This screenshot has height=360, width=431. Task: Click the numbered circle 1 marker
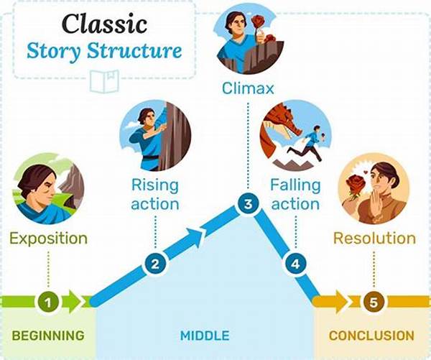pyautogui.click(x=48, y=303)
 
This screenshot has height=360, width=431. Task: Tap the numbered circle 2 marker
pyautogui.click(x=154, y=264)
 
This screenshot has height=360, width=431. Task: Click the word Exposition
pyautogui.click(x=48, y=238)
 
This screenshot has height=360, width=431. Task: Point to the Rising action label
pyautogui.click(x=154, y=194)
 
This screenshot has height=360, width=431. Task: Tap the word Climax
pyautogui.click(x=249, y=89)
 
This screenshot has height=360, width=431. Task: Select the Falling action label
pyautogui.click(x=295, y=194)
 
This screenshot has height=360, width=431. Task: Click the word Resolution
pyautogui.click(x=374, y=238)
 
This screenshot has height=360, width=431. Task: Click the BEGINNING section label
pyautogui.click(x=48, y=336)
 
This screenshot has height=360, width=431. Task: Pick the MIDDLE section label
pyautogui.click(x=205, y=336)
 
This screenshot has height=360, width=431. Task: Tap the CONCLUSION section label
pyautogui.click(x=371, y=336)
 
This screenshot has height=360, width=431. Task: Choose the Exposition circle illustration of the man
pyautogui.click(x=48, y=188)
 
